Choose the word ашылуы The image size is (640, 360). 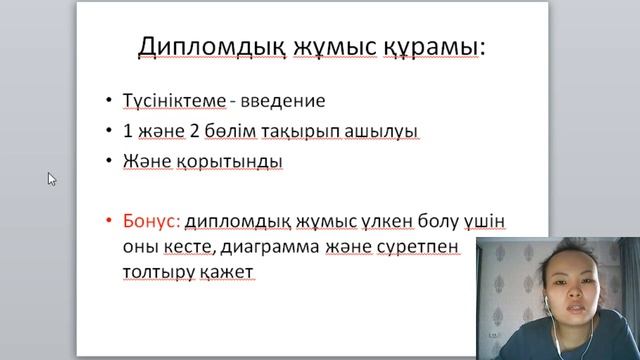[x=381, y=131]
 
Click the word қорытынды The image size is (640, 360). [x=233, y=161]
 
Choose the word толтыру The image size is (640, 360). [x=157, y=271]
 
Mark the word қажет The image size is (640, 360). [x=229, y=271]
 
